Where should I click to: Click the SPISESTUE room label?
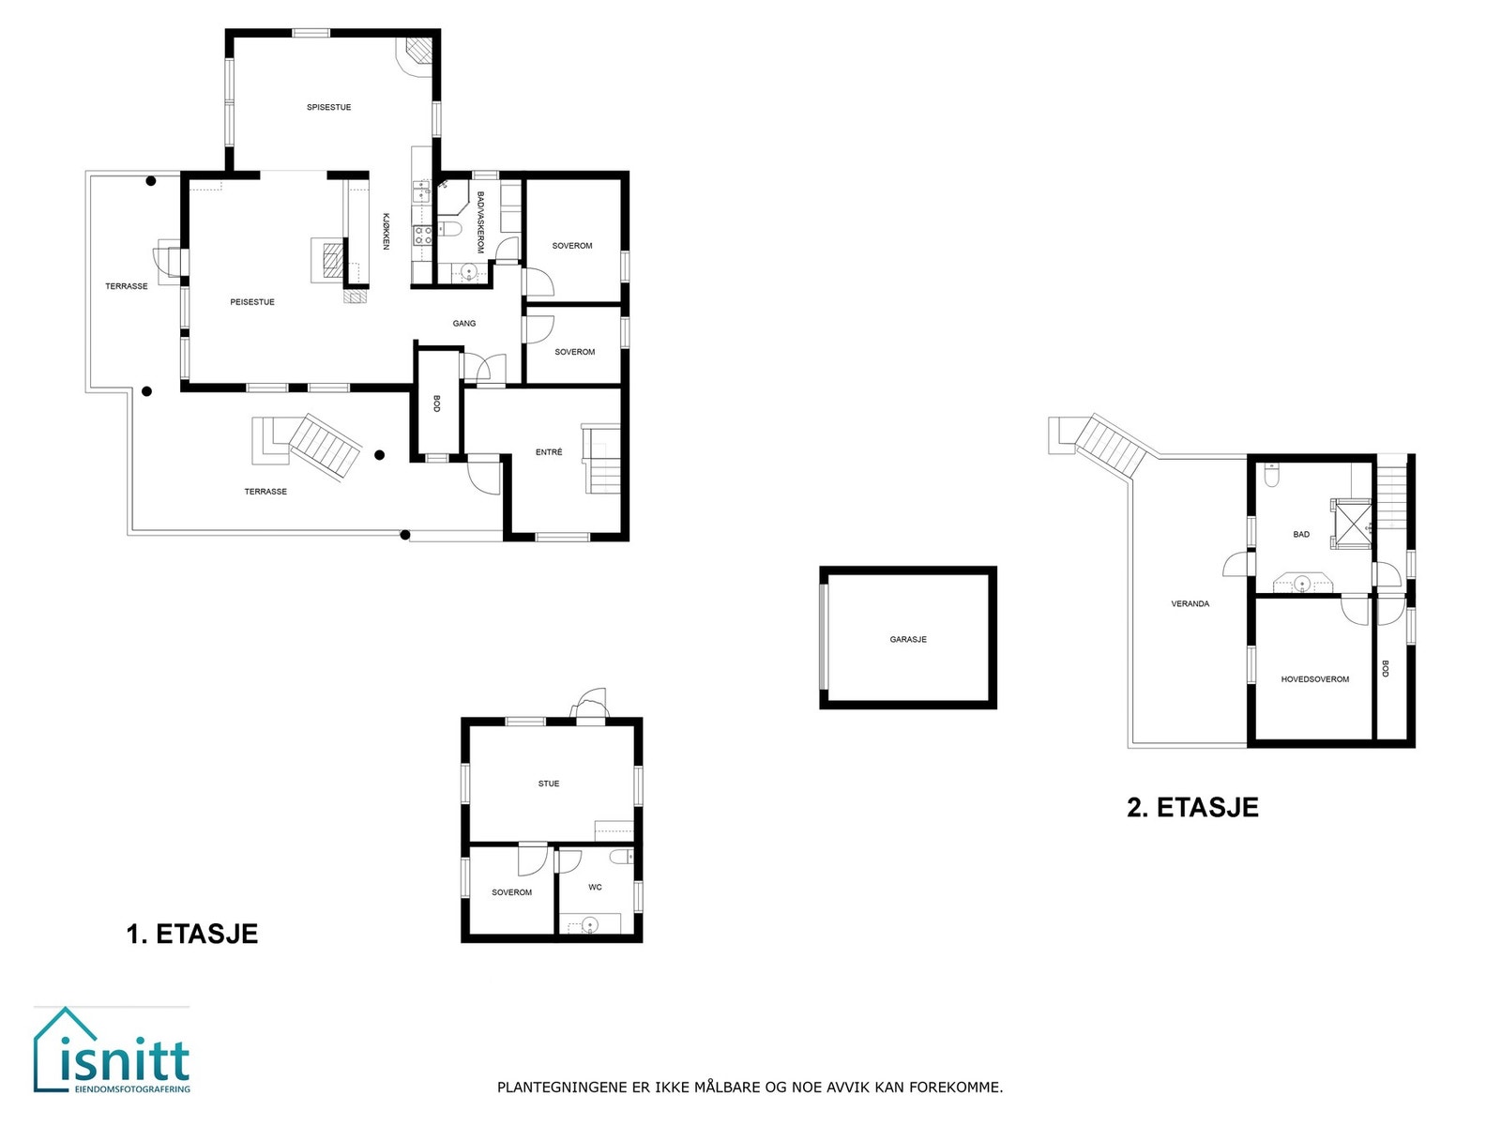click(328, 107)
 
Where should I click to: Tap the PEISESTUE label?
click(252, 302)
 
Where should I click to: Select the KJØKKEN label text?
click(386, 231)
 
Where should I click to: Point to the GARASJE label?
click(908, 639)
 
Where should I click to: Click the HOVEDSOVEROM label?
click(1314, 679)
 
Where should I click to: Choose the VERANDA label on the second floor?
click(1190, 603)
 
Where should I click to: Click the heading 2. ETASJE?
click(1192, 807)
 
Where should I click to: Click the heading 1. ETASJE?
click(192, 934)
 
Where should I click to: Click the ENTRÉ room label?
click(549, 452)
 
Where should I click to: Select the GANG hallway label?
click(464, 323)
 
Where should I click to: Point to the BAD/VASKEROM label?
click(480, 223)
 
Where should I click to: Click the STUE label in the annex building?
click(549, 784)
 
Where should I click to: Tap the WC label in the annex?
click(595, 887)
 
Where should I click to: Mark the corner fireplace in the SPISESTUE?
click(418, 53)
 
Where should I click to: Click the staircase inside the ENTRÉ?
click(602, 460)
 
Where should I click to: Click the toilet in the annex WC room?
click(619, 857)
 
